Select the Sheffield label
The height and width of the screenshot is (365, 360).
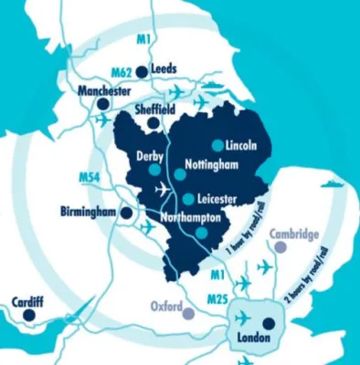coord(154,108)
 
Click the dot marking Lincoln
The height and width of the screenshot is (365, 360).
coord(216,145)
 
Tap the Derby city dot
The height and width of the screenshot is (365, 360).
coord(155,171)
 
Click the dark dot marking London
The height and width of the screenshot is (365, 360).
coord(267,322)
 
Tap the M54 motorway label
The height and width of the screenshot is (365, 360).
coord(89,176)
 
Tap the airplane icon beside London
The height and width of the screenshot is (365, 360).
coord(242,318)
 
